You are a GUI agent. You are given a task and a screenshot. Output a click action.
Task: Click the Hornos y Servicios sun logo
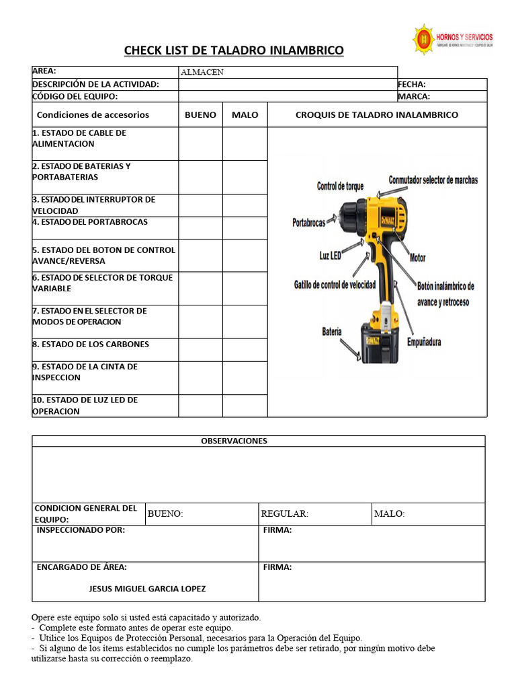(423, 40)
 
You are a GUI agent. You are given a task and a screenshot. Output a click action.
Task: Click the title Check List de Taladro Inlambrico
(233, 50)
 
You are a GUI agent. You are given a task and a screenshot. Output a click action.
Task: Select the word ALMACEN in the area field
(202, 73)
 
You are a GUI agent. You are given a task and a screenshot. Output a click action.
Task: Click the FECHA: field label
(412, 85)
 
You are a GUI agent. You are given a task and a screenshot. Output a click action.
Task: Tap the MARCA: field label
(414, 96)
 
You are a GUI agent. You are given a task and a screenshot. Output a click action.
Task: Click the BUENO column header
(200, 115)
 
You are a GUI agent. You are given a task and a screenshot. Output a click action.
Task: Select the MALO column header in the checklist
(245, 115)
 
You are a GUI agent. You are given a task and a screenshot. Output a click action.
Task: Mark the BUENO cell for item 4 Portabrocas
(200, 228)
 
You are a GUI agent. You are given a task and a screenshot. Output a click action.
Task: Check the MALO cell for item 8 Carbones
(245, 349)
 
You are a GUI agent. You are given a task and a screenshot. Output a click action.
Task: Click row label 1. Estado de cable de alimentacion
(79, 138)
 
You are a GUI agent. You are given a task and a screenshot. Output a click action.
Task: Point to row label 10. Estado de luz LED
(85, 405)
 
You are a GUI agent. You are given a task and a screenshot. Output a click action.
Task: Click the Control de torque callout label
(340, 186)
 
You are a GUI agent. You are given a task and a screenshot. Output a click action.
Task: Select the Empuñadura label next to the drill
(424, 342)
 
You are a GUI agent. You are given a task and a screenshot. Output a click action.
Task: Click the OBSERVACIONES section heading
(234, 441)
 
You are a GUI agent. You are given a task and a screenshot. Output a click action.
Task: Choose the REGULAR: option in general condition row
(284, 514)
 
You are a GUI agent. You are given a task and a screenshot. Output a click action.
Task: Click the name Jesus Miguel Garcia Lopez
(147, 589)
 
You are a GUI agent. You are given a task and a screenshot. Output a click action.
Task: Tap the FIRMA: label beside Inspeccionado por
(277, 530)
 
